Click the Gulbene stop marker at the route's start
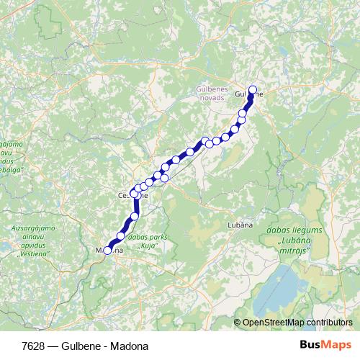tap(252, 90)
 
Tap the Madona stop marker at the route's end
tap(108, 251)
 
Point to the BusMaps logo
tap(326, 345)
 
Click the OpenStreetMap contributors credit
tap(297, 323)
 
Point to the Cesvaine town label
tap(132, 194)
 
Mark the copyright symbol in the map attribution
tap(238, 323)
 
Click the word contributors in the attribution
tap(329, 323)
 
